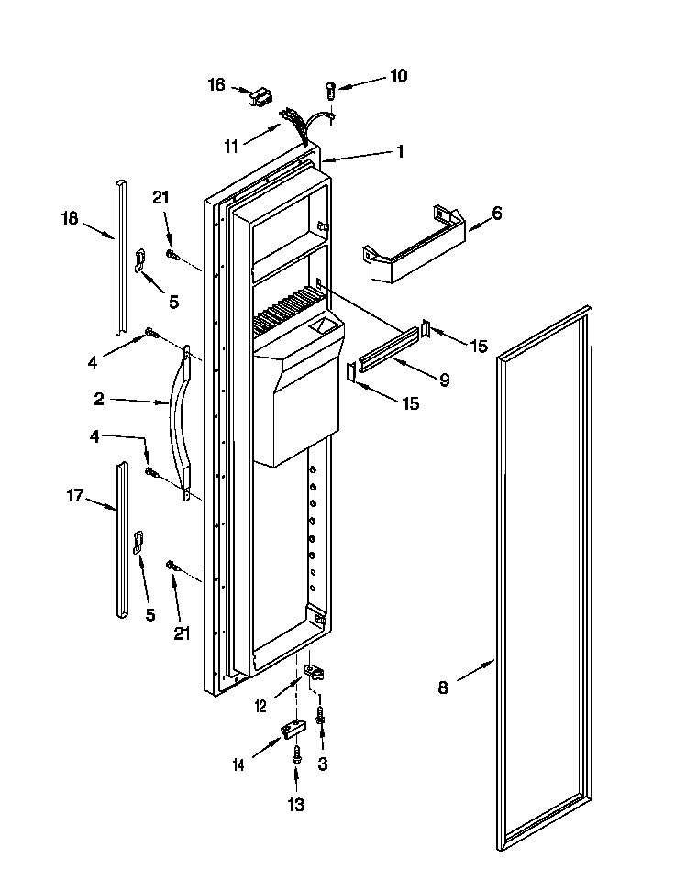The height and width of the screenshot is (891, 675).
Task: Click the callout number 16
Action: pos(216,85)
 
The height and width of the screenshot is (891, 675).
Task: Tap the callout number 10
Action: pos(398,76)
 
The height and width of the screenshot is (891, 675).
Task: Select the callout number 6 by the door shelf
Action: pos(496,214)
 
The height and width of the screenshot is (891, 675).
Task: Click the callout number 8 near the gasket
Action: pos(443,687)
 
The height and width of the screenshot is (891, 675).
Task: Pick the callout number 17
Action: pos(74,496)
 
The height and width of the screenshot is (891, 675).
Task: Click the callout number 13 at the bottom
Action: pos(295,805)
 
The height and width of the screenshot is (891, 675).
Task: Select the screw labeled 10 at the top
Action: pos(330,90)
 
